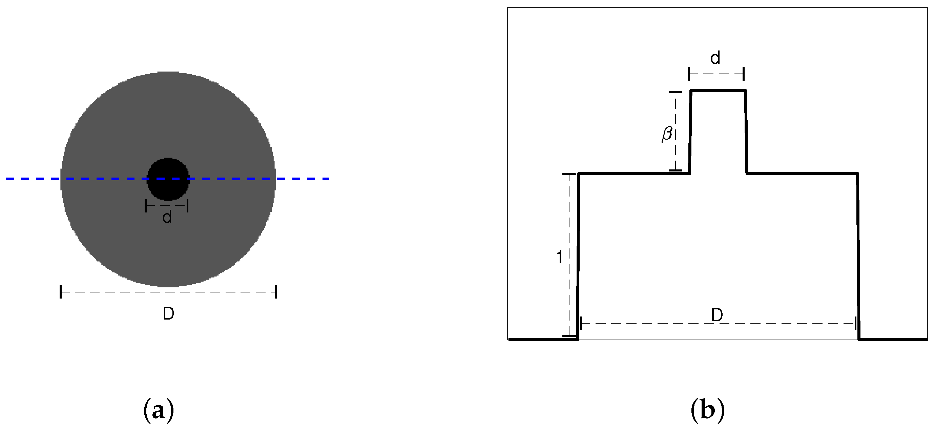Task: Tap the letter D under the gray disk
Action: tap(168, 313)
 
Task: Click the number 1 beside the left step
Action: tap(559, 257)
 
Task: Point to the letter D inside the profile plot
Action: tap(717, 315)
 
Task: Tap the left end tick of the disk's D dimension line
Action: tap(61, 292)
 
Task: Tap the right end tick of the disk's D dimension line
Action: tap(276, 292)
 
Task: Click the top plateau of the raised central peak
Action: tap(718, 90)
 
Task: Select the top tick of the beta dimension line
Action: tap(676, 92)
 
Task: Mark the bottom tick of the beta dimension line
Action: tap(676, 170)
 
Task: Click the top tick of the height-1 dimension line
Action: tap(569, 175)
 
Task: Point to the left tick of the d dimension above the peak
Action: tap(688, 74)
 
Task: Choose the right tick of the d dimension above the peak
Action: tap(744, 74)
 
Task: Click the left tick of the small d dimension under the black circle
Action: tap(146, 206)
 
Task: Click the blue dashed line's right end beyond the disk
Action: tap(325, 179)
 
